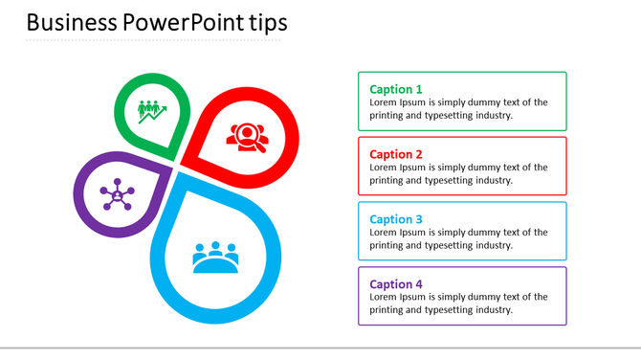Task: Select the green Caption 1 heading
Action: point(396,89)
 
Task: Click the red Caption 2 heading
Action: point(396,154)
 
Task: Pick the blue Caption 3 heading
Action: point(396,219)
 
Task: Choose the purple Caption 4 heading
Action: point(396,284)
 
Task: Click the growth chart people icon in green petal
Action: point(152,111)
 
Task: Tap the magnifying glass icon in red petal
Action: point(248,136)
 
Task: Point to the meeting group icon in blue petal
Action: point(215,257)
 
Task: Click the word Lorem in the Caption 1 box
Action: point(385,102)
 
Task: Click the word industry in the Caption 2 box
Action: point(489,180)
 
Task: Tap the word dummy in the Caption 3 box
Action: point(474,233)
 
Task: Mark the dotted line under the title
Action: point(153,41)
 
